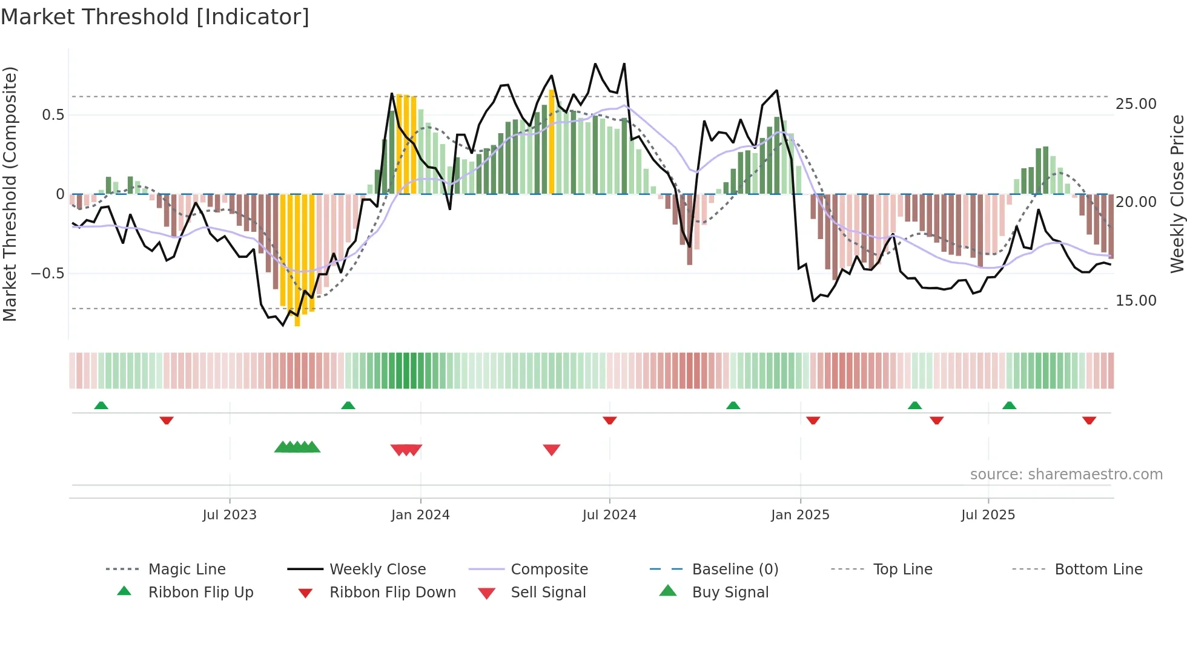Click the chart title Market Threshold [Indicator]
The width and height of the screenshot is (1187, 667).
(155, 17)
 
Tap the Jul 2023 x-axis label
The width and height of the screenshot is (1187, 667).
(230, 514)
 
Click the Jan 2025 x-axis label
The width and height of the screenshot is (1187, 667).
(800, 514)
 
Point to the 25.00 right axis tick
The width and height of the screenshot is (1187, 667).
(1136, 104)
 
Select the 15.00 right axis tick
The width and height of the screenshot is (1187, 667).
(1136, 301)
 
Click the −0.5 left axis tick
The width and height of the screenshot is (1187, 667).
(47, 274)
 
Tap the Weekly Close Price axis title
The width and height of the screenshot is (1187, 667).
(1177, 194)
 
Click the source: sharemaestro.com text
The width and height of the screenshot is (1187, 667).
(1066, 474)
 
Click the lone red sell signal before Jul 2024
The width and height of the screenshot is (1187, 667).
(551, 450)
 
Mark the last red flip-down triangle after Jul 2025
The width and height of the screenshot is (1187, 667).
(1089, 420)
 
